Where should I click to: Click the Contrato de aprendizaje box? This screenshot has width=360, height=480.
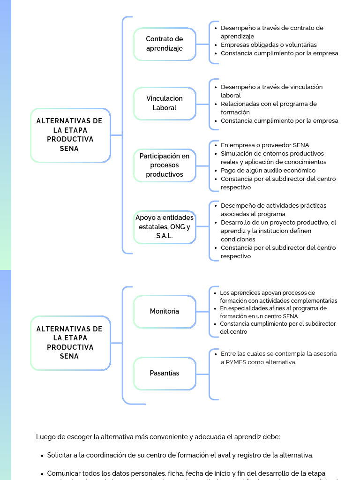(165, 44)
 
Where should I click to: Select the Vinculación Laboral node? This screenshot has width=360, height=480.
(165, 103)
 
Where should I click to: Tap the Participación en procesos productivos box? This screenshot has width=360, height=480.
(165, 165)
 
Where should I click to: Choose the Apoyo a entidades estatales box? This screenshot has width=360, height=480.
(165, 227)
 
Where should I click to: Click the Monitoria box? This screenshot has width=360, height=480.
(165, 311)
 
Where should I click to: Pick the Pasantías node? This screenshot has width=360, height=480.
(165, 373)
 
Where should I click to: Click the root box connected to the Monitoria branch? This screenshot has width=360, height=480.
(70, 343)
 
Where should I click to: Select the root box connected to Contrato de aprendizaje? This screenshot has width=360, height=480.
(70, 135)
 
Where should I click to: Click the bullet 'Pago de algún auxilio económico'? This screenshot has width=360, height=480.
(268, 171)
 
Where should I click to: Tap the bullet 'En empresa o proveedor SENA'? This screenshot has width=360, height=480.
(265, 145)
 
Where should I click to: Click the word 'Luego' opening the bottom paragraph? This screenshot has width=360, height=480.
(45, 437)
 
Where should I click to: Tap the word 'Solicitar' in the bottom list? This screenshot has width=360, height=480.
(60, 455)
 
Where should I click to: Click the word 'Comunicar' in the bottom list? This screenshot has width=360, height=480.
(63, 473)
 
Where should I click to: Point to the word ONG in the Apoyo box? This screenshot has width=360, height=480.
(177, 227)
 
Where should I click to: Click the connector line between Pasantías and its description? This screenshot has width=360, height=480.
(202, 375)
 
